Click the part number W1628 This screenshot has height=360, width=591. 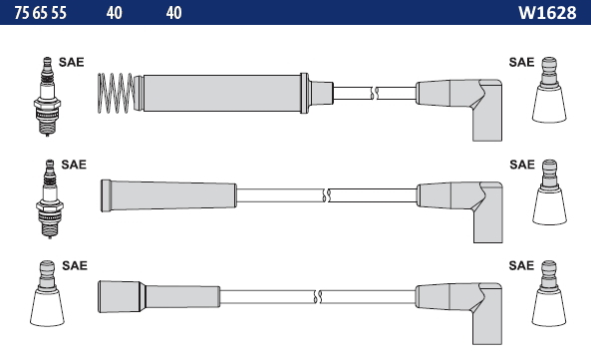(x=547, y=13)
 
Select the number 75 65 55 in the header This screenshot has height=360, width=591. (x=40, y=13)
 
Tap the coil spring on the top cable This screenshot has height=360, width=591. (x=116, y=93)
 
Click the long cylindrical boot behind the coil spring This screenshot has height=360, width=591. (x=222, y=93)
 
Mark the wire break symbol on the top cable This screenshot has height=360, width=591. (x=374, y=93)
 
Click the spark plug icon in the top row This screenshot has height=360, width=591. (x=47, y=97)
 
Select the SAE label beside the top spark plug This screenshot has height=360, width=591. (x=71, y=62)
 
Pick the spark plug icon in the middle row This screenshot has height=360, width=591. (x=50, y=199)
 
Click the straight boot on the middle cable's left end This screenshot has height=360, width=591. (x=168, y=195)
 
